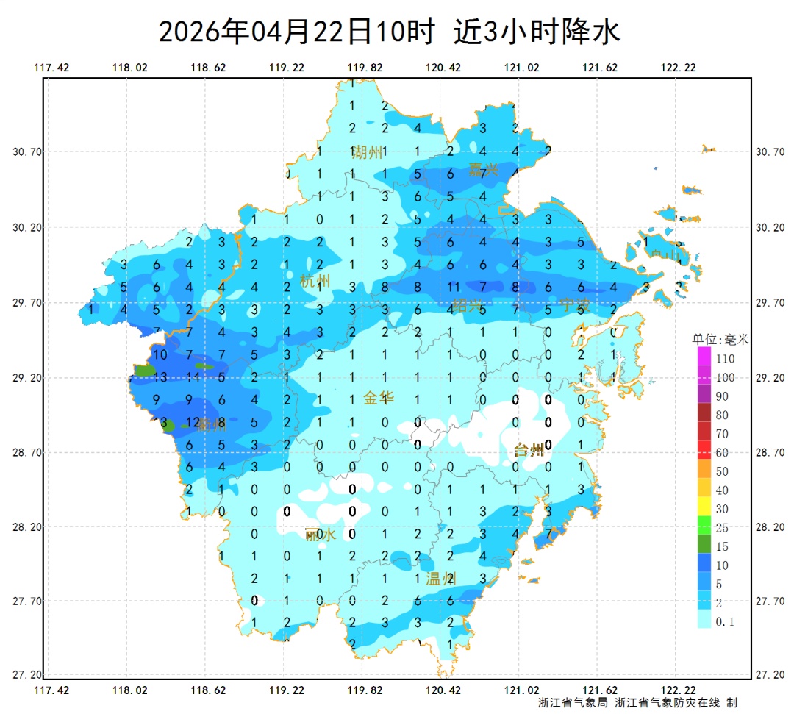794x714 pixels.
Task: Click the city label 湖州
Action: click(x=368, y=152)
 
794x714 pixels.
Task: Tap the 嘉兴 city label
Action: click(x=483, y=170)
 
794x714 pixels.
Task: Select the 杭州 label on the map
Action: click(x=315, y=281)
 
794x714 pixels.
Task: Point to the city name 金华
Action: click(x=379, y=399)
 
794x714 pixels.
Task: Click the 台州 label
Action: click(x=529, y=450)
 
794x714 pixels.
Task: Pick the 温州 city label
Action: click(x=441, y=579)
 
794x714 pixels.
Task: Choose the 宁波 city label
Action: click(x=573, y=304)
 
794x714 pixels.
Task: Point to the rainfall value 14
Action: click(x=193, y=378)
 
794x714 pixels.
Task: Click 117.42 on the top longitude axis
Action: click(x=51, y=68)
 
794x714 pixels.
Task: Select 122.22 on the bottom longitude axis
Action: click(x=678, y=690)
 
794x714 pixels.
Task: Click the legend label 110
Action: click(x=726, y=359)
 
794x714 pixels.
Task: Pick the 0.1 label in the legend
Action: click(x=726, y=622)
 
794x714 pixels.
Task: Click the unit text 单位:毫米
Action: click(x=720, y=340)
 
